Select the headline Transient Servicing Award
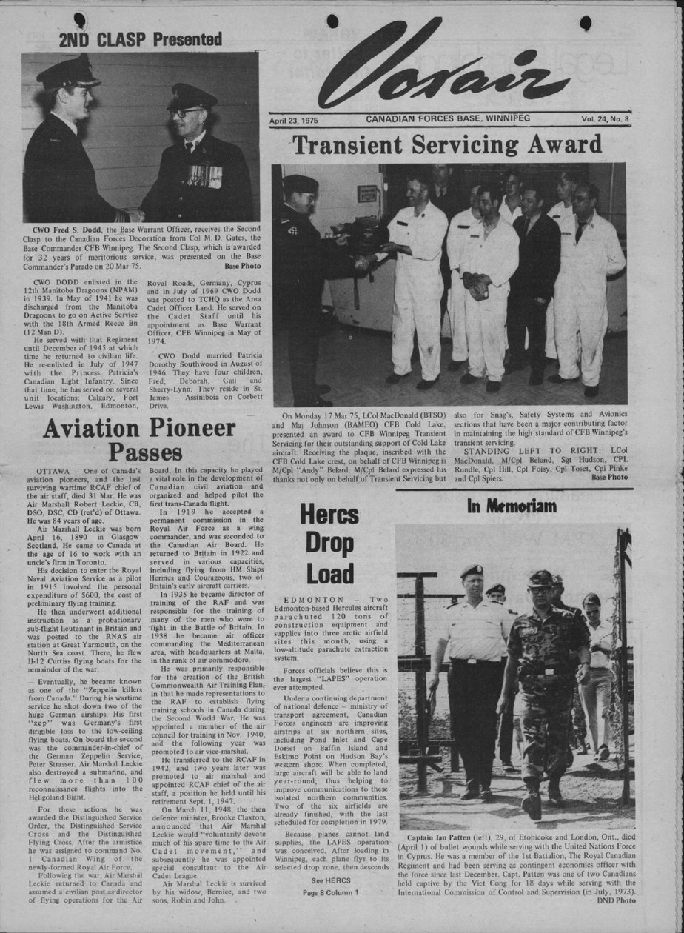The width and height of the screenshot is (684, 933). tap(447, 144)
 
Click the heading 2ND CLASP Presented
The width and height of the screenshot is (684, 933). tap(141, 39)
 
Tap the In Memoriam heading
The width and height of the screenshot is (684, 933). tap(512, 506)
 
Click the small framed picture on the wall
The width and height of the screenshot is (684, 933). tap(367, 193)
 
